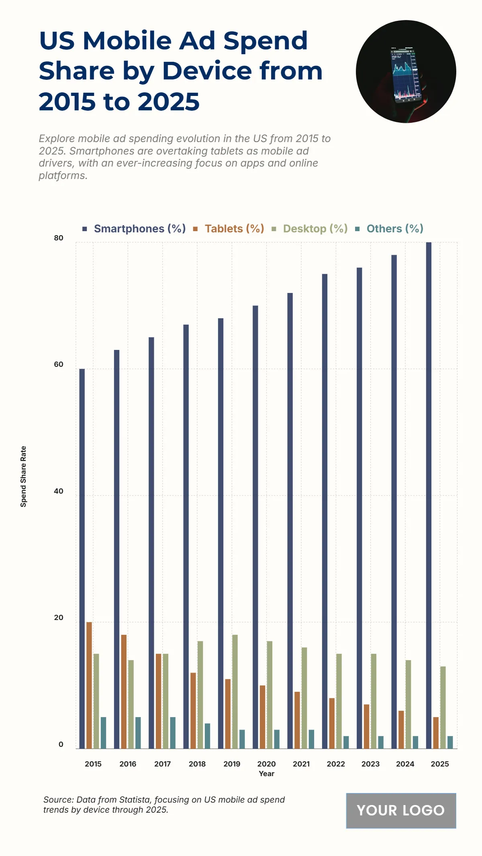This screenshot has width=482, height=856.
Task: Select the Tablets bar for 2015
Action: tap(89, 685)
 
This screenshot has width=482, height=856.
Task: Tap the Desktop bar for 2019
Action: tap(235, 691)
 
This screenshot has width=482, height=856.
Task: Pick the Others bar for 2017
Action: tap(173, 732)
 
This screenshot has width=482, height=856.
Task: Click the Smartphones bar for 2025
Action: tap(429, 495)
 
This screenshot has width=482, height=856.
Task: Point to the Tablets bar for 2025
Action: tap(436, 732)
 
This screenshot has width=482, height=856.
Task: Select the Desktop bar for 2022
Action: tap(339, 701)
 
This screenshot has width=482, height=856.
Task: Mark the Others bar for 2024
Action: tap(415, 742)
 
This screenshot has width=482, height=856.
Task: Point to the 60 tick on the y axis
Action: tap(59, 364)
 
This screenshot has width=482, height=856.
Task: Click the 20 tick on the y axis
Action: tap(59, 618)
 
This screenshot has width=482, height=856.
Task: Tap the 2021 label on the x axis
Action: tap(301, 764)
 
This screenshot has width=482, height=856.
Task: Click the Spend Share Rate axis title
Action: tap(23, 476)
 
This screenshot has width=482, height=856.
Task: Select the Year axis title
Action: tap(266, 774)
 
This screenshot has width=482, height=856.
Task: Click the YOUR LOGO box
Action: tap(401, 810)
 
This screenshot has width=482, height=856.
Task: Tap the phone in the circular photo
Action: tap(405, 75)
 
